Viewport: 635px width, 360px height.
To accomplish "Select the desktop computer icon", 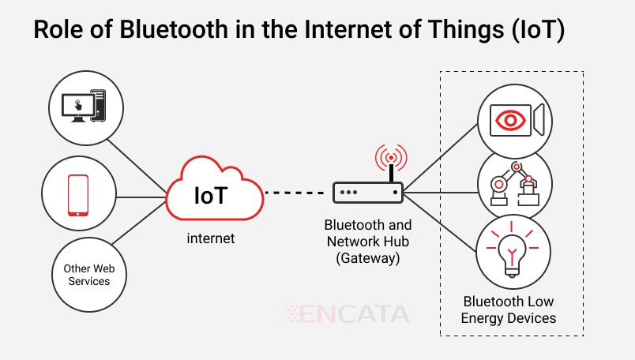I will coord(86,107).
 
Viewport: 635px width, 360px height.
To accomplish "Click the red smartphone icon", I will coord(77,195).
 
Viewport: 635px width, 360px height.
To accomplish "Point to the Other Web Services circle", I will coord(88,275).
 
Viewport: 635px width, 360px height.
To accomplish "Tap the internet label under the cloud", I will coord(210,238).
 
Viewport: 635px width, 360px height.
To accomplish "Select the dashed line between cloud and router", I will coord(295,192).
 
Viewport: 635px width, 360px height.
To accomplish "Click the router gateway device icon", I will coord(367,192).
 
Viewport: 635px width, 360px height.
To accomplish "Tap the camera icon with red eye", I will coord(514,121).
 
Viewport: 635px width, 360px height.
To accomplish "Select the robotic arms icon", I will coord(514,185).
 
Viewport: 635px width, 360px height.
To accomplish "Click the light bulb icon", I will coord(514,252).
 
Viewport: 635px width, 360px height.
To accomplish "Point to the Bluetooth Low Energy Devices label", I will coord(509,310).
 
